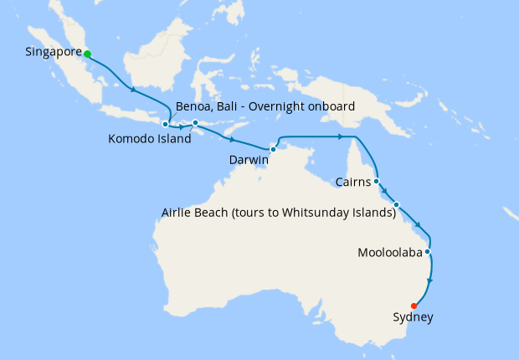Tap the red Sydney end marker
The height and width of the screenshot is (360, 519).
(x=414, y=306)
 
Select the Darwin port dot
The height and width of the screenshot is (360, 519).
(x=273, y=149)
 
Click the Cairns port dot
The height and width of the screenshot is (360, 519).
(x=377, y=181)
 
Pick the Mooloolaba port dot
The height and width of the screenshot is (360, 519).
(x=428, y=251)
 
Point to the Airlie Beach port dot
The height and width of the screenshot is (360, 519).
(x=397, y=204)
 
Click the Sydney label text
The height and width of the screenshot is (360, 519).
(x=414, y=317)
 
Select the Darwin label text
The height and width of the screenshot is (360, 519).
(x=249, y=159)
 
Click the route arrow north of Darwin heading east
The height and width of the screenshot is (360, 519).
(x=341, y=136)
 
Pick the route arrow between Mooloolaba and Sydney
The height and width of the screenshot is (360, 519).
(x=431, y=280)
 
